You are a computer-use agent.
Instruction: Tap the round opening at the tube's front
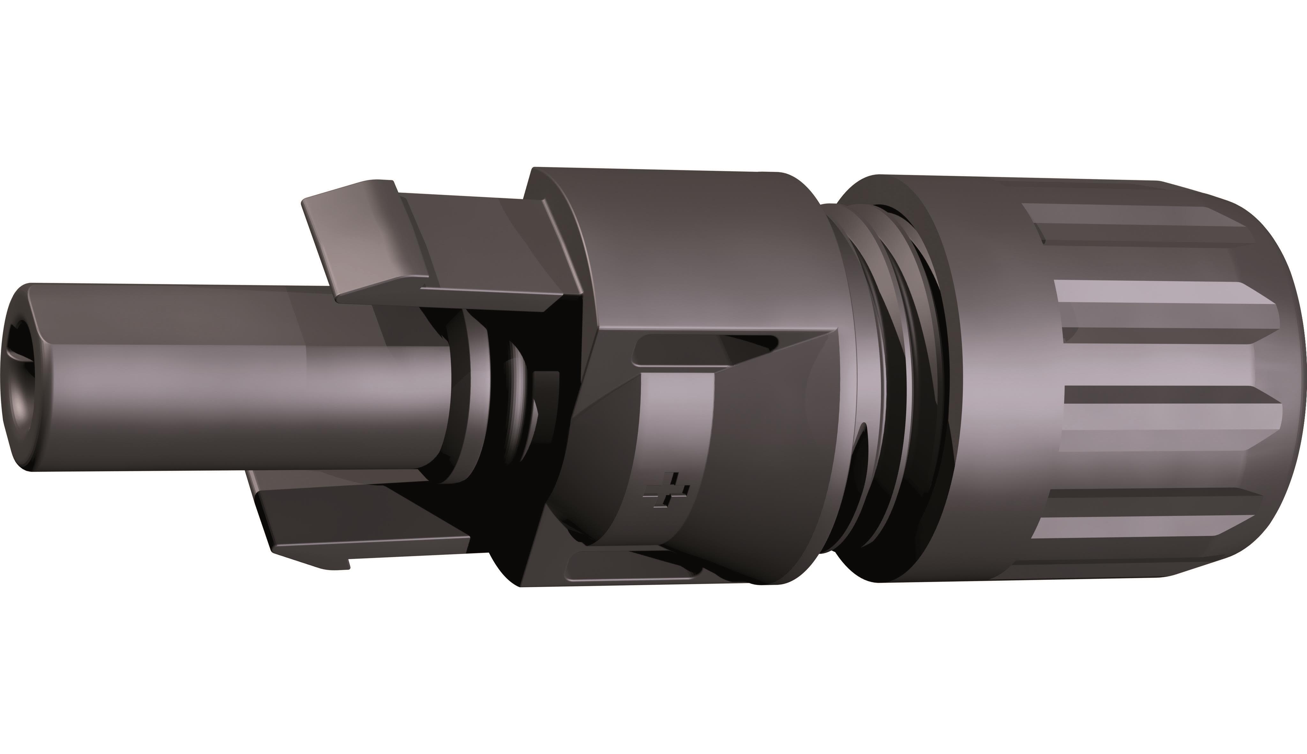[21, 378]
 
